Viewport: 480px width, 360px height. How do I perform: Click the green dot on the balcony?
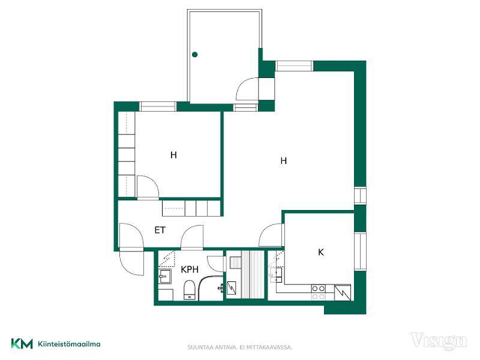pyautogui.click(x=194, y=55)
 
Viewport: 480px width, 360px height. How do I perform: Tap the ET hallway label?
pyautogui.click(x=160, y=230)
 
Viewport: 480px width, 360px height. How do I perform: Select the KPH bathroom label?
pyautogui.click(x=190, y=269)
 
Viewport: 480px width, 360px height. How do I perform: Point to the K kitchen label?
pyautogui.click(x=321, y=252)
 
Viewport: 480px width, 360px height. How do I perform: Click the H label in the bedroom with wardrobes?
pyautogui.click(x=173, y=155)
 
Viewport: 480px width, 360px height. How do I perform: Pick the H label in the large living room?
pyautogui.click(x=284, y=161)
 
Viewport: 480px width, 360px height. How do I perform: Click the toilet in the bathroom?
pyautogui.click(x=190, y=290)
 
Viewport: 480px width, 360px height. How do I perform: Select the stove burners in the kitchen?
pyautogui.click(x=319, y=292)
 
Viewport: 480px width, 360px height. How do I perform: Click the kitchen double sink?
pyautogui.click(x=276, y=275)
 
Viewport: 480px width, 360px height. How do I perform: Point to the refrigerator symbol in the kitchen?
pyautogui.click(x=342, y=292)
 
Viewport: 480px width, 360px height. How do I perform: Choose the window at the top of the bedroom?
pyautogui.click(x=158, y=107)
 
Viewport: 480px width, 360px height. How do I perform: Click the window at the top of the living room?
pyautogui.click(x=294, y=66)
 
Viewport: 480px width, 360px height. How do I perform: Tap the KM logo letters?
pyautogui.click(x=22, y=343)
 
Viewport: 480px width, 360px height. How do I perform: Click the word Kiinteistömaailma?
pyautogui.click(x=69, y=344)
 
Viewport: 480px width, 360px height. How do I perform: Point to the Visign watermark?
pyautogui.click(x=439, y=341)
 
